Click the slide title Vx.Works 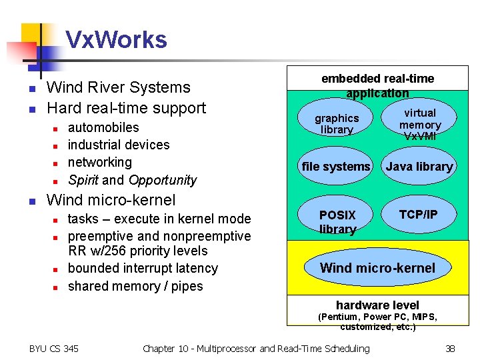pyautogui.click(x=116, y=40)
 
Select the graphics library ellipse pyautogui.click(x=337, y=123)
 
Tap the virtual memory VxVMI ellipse pyautogui.click(x=420, y=123)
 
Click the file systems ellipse pyautogui.click(x=336, y=167)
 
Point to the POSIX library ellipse pyautogui.click(x=337, y=221)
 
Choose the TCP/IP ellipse pyautogui.click(x=418, y=215)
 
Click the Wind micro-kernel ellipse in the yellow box pyautogui.click(x=377, y=268)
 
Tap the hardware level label pyautogui.click(x=377, y=305)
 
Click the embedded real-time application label pyautogui.click(x=377, y=86)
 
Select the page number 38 pyautogui.click(x=451, y=348)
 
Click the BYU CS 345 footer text pyautogui.click(x=54, y=348)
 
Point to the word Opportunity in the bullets pyautogui.click(x=163, y=180)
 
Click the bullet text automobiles pyautogui.click(x=103, y=127)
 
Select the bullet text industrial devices pyautogui.click(x=119, y=145)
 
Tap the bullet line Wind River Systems pyautogui.click(x=118, y=87)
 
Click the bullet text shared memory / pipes pyautogui.click(x=135, y=286)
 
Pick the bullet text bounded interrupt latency pyautogui.click(x=143, y=268)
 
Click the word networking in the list pyautogui.click(x=100, y=162)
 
